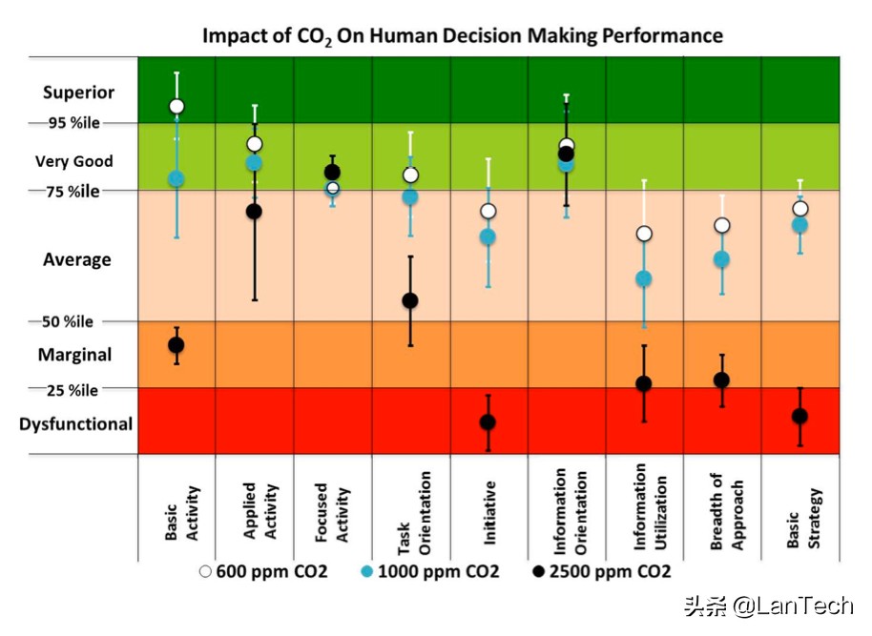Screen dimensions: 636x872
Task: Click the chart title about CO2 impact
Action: (x=462, y=37)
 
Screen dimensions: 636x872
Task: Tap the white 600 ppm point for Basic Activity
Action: (x=176, y=106)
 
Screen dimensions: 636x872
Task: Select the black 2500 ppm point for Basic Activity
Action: (x=176, y=345)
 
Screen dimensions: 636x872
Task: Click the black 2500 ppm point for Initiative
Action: (x=488, y=422)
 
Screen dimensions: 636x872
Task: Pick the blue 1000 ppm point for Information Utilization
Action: (x=644, y=278)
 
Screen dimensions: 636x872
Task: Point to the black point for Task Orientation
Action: (x=410, y=300)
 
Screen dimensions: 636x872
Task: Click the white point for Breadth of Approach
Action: (x=722, y=225)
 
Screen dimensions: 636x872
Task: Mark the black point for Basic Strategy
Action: (x=799, y=416)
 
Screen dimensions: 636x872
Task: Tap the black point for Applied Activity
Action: (x=255, y=211)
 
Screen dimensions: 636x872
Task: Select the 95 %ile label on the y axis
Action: (x=73, y=123)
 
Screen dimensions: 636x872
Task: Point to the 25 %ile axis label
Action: (x=73, y=390)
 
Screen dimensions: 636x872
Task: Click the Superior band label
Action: (x=78, y=92)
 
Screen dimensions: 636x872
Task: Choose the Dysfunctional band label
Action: (x=76, y=424)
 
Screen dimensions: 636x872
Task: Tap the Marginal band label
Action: (x=75, y=355)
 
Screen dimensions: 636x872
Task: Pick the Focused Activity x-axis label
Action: (x=332, y=513)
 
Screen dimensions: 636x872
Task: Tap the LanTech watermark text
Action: (x=774, y=605)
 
